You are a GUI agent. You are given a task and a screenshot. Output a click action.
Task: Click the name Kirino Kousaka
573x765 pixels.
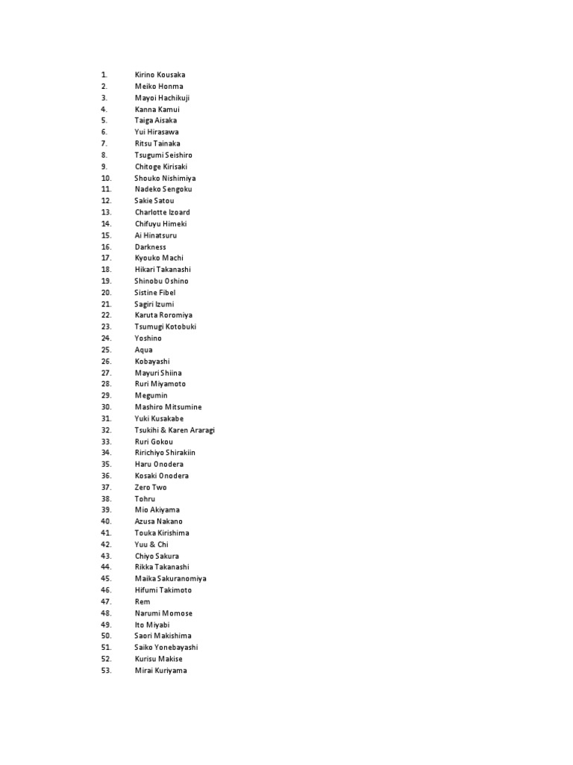[x=160, y=75]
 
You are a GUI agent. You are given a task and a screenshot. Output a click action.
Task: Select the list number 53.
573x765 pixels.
[x=105, y=671]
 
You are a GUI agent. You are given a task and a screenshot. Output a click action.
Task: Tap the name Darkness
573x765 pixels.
[x=150, y=247]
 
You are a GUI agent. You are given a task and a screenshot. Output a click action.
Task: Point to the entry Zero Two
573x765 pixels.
[x=151, y=487]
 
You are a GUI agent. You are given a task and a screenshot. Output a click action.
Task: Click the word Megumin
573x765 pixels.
[x=151, y=395]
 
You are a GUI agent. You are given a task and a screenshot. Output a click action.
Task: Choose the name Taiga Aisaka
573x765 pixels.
[x=156, y=120]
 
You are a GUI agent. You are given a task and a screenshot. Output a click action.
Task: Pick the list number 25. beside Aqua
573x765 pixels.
[x=105, y=350]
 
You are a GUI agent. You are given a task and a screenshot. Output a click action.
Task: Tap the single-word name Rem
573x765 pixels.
[x=143, y=601]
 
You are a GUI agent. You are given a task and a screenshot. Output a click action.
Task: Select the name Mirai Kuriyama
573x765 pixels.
[x=160, y=671]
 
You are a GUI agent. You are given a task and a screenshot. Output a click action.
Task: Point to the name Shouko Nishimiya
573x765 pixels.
[x=165, y=178]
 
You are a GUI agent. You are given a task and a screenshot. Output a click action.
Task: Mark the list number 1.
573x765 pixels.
[x=104, y=75]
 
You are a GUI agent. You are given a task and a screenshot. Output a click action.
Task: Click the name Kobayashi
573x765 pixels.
[x=152, y=362]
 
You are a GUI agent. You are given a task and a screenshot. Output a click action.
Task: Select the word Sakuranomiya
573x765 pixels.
[x=181, y=579]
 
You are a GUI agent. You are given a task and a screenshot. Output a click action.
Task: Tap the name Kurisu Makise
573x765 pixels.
[x=158, y=659]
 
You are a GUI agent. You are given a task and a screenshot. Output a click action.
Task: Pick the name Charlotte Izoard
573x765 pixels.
[x=162, y=212]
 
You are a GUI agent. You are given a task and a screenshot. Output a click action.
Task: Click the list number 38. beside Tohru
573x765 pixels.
[x=105, y=498]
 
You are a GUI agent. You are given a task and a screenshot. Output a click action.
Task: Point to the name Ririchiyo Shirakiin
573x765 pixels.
[x=165, y=453]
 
